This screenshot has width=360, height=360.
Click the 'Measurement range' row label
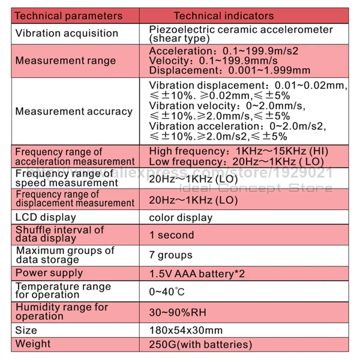(65, 61)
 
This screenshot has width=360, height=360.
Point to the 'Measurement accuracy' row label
(74, 111)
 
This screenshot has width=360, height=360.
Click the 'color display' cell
(181, 218)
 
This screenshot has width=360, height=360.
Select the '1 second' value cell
(172, 235)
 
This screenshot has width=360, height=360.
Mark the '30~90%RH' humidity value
(178, 312)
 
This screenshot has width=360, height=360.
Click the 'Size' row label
(26, 330)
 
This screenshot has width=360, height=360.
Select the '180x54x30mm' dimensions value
(185, 330)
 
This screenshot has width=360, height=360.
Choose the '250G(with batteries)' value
(200, 344)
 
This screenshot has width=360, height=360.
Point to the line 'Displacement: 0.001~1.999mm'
(229, 70)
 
